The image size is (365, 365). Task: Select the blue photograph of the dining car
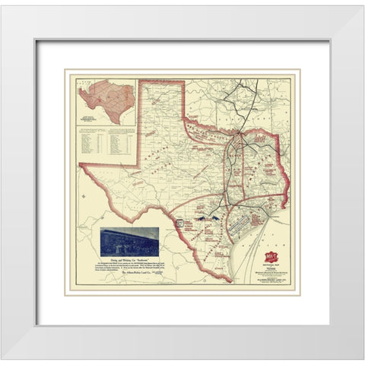point(129,240)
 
